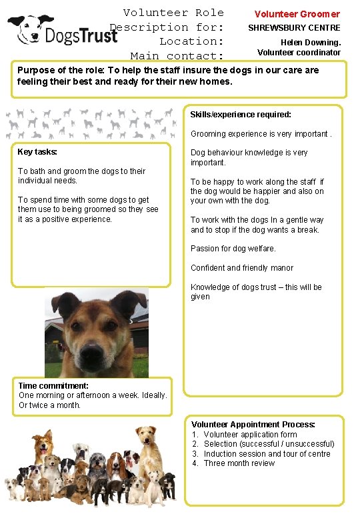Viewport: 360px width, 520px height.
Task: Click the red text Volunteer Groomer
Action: coord(297,14)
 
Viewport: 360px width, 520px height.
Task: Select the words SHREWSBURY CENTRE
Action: coord(294,28)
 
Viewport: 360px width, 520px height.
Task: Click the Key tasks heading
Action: coord(37,152)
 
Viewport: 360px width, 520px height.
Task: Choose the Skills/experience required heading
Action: coord(241,115)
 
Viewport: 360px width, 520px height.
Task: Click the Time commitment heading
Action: coord(53,386)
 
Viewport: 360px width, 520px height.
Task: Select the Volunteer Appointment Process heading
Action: coord(253,425)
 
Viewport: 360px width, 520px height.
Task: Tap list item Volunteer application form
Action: coord(250,435)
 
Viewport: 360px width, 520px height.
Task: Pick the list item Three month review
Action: coord(239,463)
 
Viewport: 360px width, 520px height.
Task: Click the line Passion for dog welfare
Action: coord(233,249)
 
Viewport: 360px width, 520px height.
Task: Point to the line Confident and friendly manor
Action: coord(241,268)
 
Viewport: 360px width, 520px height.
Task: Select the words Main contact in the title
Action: coord(177,56)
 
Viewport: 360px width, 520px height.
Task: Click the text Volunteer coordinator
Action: coord(299,53)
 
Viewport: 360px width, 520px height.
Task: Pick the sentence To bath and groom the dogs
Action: coord(81,176)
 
